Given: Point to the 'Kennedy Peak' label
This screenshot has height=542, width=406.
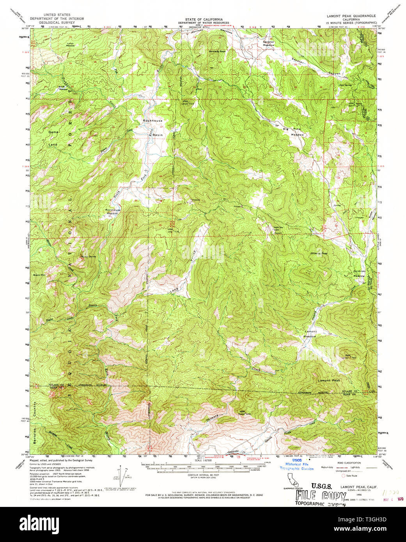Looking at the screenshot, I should [x=217, y=51].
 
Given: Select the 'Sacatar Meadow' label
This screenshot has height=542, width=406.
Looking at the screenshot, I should [x=268, y=43].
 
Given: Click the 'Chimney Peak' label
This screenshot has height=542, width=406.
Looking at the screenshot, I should [x=320, y=253].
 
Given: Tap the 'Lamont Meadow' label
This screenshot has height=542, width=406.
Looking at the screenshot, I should [x=310, y=334].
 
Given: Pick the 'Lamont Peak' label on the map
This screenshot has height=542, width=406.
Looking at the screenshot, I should [x=329, y=380].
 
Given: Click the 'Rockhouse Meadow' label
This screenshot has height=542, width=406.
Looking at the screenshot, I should [x=112, y=212].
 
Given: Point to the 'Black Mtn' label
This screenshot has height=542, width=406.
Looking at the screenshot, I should [x=39, y=275].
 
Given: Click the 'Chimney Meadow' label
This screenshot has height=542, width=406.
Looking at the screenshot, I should [x=359, y=273].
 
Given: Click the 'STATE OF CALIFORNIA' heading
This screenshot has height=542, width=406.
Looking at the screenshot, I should [x=204, y=19].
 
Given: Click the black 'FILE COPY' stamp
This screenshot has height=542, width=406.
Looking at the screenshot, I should [x=319, y=496].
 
